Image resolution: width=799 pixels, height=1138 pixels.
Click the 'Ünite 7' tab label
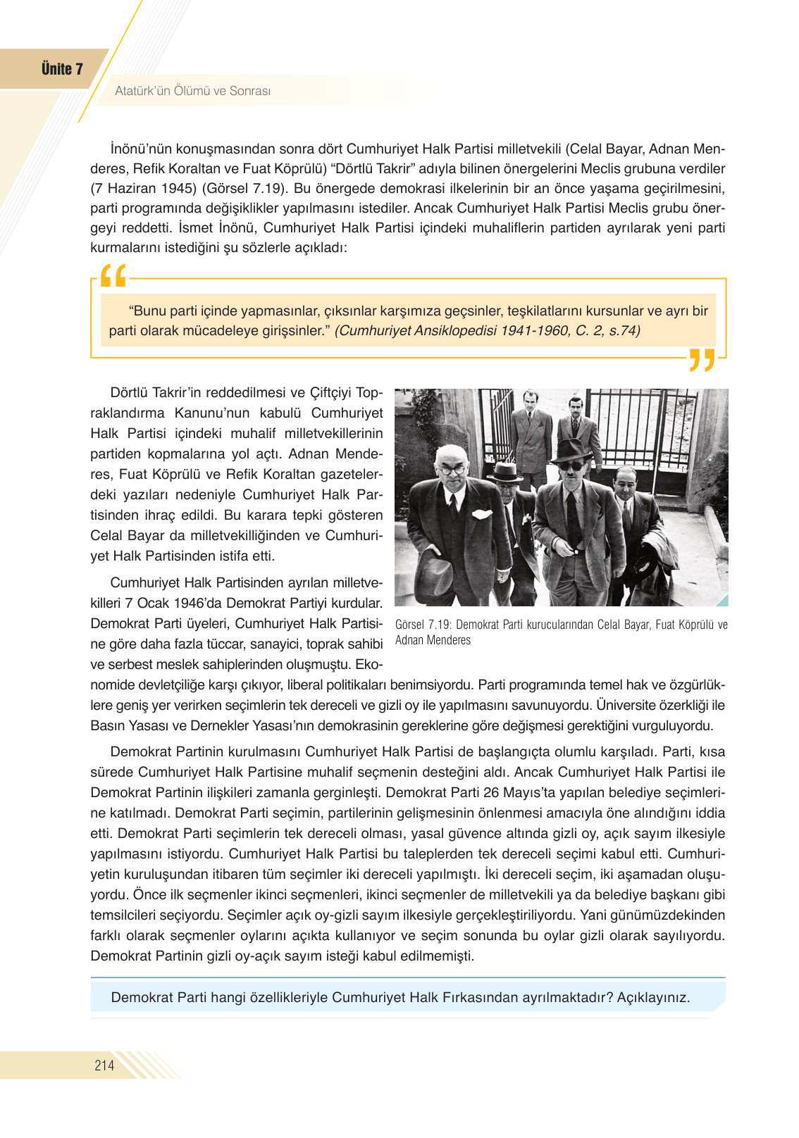pyautogui.click(x=62, y=69)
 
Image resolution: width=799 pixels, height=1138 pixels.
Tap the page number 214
pyautogui.click(x=104, y=1065)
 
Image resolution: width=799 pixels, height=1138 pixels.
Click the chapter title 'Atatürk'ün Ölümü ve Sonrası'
pyautogui.click(x=192, y=91)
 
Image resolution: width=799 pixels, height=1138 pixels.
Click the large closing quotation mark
pyautogui.click(x=702, y=359)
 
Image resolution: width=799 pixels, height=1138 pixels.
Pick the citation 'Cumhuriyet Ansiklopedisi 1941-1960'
pyautogui.click(x=452, y=331)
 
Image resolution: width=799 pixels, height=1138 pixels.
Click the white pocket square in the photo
pyautogui.click(x=481, y=514)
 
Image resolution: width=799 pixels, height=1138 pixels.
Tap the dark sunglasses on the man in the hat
pyautogui.click(x=570, y=465)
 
